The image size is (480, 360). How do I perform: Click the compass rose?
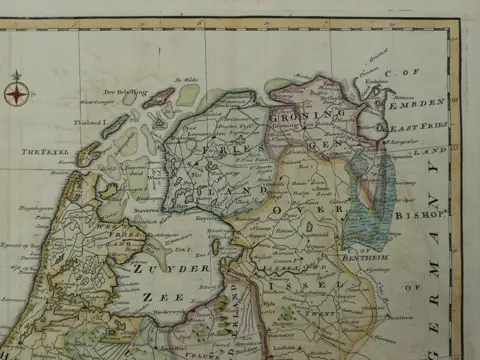pos(16,94)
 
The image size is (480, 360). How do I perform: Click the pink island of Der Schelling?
pos(158,97)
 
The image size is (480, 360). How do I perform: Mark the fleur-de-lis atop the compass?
pos(16,75)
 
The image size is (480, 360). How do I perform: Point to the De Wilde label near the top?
pos(189,79)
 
